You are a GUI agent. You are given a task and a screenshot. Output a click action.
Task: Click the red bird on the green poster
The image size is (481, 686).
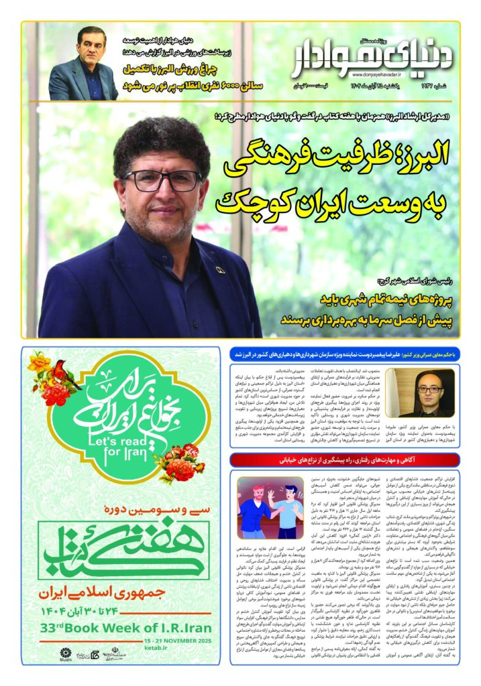(63, 370)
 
